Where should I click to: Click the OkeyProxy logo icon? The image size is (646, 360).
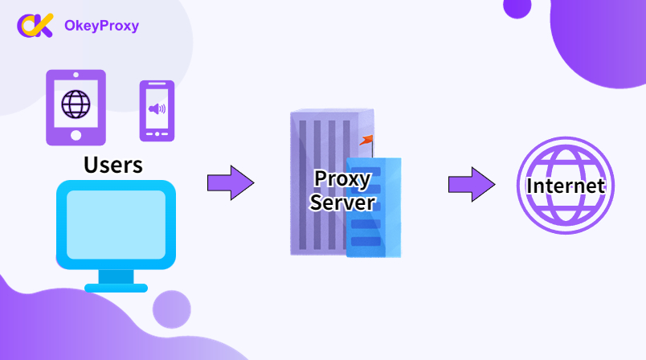pos(35,25)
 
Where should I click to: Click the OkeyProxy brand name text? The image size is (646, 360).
pos(102,26)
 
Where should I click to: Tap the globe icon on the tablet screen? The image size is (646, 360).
pos(76,104)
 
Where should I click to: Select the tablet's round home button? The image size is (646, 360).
pos(76,135)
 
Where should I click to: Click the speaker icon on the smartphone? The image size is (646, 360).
pos(157,108)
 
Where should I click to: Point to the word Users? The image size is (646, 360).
pos(113,165)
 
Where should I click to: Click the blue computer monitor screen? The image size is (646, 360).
pos(117,225)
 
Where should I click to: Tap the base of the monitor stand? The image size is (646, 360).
pos(117,288)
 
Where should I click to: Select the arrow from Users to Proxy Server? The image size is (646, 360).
pos(231,183)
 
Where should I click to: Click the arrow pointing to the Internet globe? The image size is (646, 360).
pos(472,185)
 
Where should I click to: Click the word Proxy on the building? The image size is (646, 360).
pos(342,179)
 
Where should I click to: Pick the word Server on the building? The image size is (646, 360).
pos(342,202)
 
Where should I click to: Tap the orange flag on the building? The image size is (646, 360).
pos(366,140)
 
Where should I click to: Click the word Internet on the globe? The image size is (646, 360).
pos(566,186)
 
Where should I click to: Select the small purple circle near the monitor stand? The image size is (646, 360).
pos(172,309)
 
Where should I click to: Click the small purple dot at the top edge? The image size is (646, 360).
pos(517,7)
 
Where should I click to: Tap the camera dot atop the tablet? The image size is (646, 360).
pos(76,75)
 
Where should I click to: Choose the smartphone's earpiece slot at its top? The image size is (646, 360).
pos(157,84)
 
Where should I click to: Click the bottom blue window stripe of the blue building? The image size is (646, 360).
pos(366,241)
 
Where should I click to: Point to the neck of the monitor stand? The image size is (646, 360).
pos(117,276)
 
